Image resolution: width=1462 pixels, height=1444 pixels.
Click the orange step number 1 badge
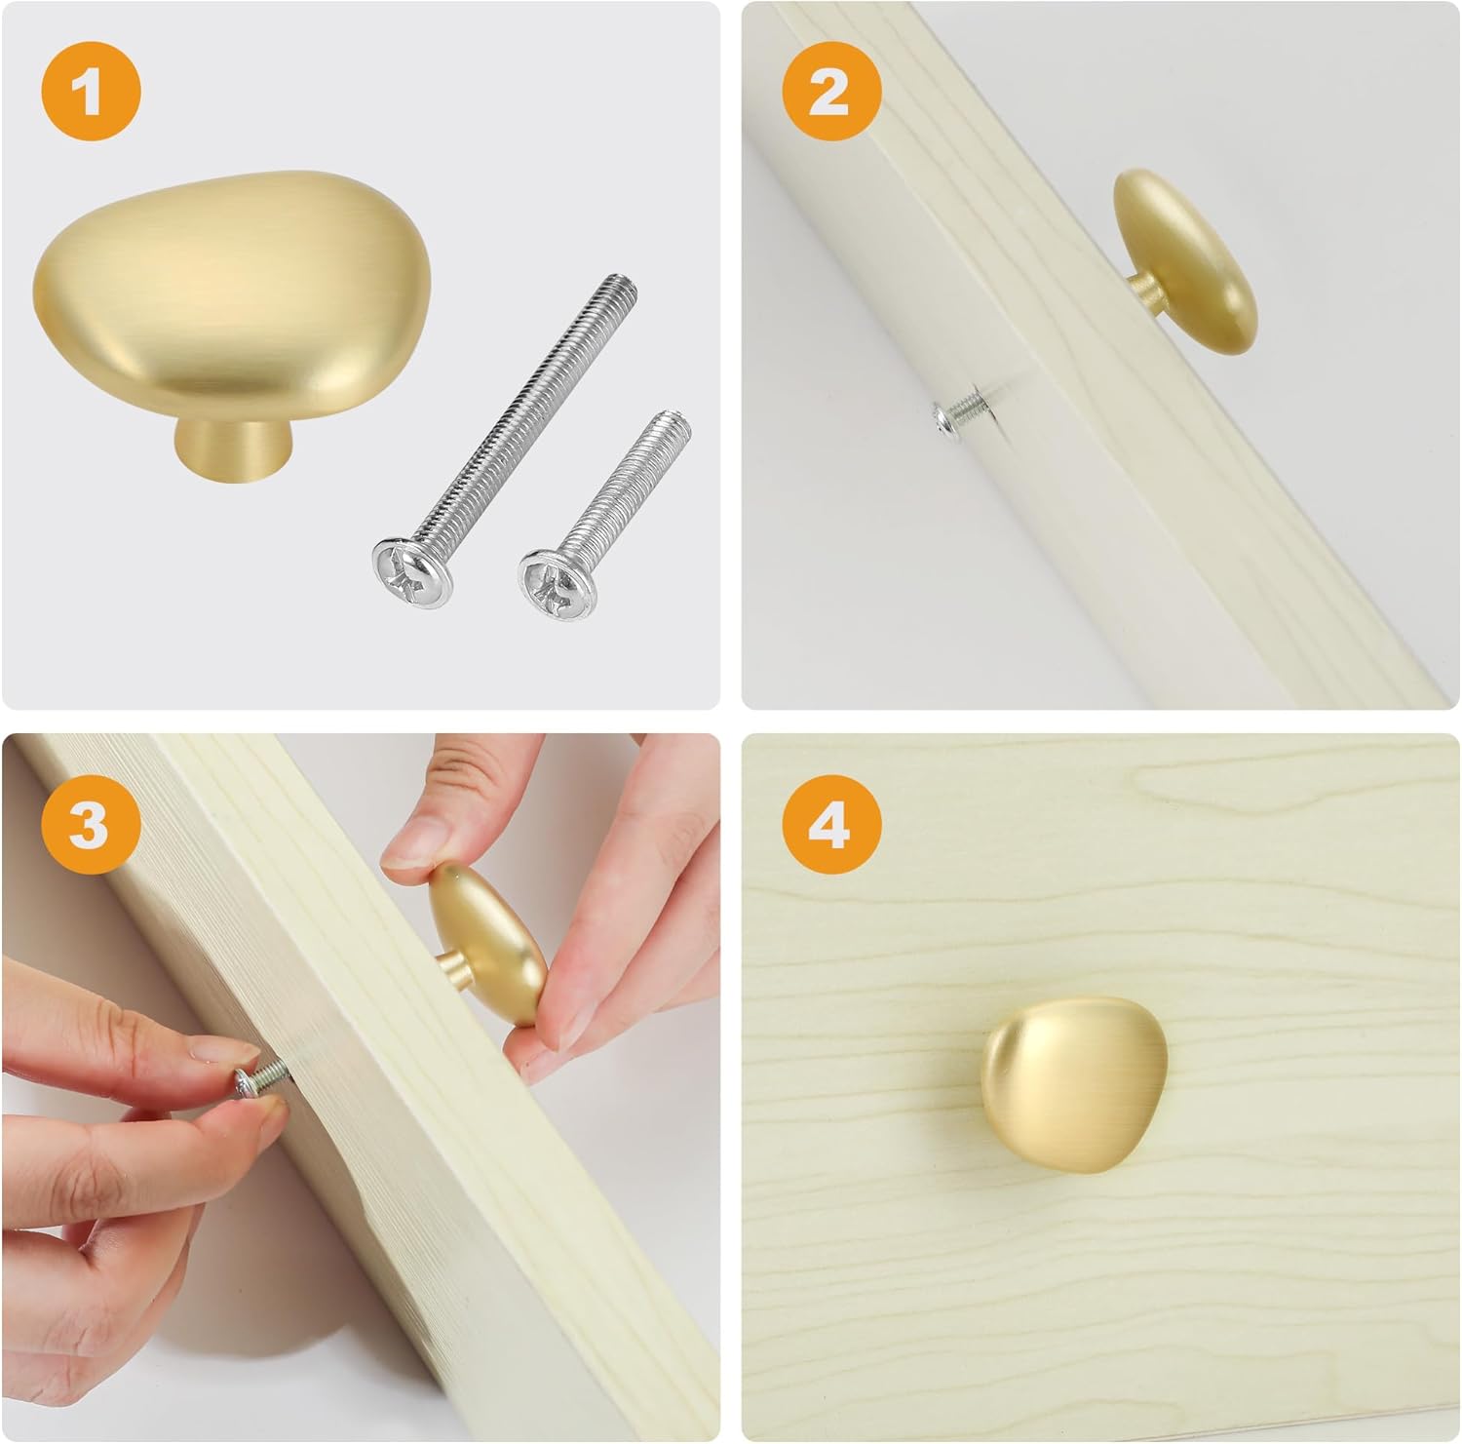(x=91, y=94)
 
